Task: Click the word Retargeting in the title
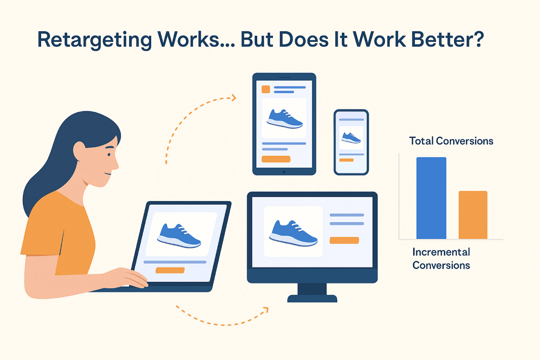coord(95,40)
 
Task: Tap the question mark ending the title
coord(477,39)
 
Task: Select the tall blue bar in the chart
coord(431,198)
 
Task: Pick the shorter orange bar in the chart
coord(473,215)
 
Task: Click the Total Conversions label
coord(451,141)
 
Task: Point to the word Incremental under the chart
coord(441,252)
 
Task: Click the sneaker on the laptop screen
coord(179,236)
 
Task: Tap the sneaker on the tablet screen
coord(285,119)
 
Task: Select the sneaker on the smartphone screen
coord(351,138)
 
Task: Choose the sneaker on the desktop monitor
coord(293,233)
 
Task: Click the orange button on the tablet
coord(276,159)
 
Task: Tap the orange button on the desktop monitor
coord(344,240)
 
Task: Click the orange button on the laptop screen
coord(170,270)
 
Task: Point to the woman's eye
coord(109,154)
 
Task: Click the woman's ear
coord(79,151)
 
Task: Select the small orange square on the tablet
coord(266,89)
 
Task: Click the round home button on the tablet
coord(284,172)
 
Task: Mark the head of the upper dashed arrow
coord(234,98)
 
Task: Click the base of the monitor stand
coord(312,299)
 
